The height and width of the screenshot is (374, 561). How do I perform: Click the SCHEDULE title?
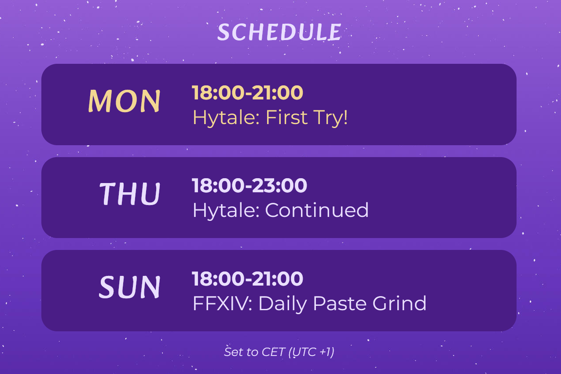[279, 32]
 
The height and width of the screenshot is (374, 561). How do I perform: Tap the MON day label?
[124, 101]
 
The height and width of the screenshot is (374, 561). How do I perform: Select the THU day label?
[130, 194]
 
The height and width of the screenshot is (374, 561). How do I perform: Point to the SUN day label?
[129, 287]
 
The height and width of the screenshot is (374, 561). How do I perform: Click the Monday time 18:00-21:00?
[247, 93]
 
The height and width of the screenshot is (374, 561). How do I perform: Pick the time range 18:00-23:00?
[249, 186]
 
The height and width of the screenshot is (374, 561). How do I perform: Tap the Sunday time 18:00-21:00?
[247, 279]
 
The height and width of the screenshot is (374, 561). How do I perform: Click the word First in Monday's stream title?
[286, 117]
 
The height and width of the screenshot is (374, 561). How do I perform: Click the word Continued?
[317, 210]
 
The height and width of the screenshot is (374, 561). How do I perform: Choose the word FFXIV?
[223, 304]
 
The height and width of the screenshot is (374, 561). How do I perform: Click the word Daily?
[282, 304]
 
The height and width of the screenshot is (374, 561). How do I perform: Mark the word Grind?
[400, 303]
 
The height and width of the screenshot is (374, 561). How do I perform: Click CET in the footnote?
[273, 352]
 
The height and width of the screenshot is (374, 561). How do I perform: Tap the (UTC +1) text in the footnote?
[312, 352]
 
